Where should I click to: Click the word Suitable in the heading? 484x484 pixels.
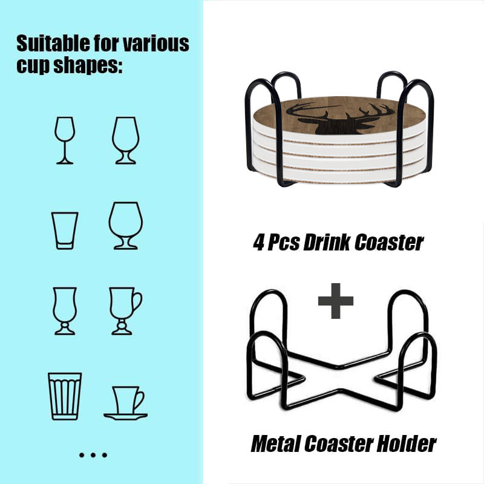tap(53, 43)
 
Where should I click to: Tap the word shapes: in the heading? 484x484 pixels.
tap(88, 66)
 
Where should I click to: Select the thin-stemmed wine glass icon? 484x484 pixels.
tap(65, 140)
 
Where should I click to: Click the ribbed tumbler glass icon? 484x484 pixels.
tap(65, 396)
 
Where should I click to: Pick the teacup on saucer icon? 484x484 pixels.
tap(125, 403)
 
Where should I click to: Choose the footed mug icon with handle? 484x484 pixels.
tap(125, 311)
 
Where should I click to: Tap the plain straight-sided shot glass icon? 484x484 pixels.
tap(65, 231)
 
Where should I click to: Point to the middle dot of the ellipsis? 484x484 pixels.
tap(93, 455)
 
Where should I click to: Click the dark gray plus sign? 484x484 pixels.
tap(336, 301)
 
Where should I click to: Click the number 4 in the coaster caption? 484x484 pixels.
tap(258, 242)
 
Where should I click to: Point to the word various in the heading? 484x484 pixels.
tap(156, 44)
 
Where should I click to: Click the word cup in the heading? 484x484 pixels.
tap(33, 66)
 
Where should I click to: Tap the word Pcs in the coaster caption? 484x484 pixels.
tap(283, 242)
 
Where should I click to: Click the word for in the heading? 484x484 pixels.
tap(106, 43)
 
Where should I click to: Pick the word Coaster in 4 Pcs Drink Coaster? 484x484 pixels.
tap(389, 243)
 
